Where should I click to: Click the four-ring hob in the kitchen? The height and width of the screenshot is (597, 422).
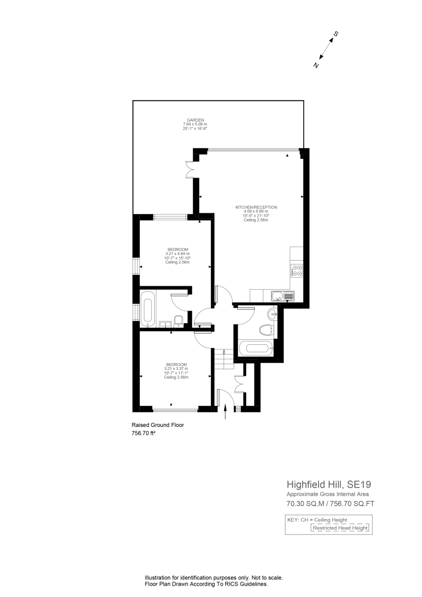click(296, 270)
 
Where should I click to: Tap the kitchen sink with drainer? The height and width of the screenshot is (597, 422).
click(282, 295)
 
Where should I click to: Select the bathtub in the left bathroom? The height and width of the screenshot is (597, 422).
click(147, 309)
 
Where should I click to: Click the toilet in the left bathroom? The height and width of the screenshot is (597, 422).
click(179, 322)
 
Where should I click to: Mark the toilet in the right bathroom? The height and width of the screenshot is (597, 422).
click(267, 330)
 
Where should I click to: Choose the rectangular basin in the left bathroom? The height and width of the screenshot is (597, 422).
click(164, 324)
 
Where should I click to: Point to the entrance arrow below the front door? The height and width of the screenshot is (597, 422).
click(226, 413)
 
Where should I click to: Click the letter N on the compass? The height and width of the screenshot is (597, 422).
click(316, 65)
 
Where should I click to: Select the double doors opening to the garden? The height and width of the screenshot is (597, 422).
click(191, 170)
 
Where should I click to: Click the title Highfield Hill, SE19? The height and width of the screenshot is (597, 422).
click(328, 484)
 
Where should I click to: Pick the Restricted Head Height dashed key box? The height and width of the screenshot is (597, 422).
click(340, 528)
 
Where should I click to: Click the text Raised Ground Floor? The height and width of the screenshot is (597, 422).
click(158, 425)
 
